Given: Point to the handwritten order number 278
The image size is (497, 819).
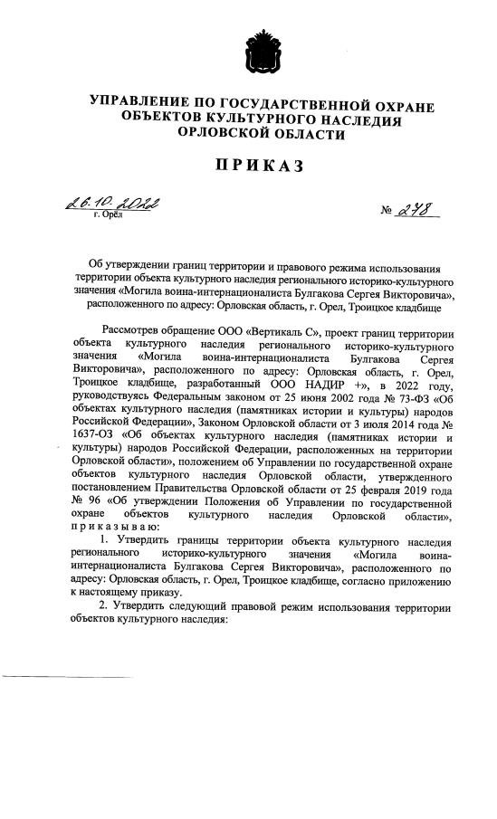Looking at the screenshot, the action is tap(414, 210).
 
